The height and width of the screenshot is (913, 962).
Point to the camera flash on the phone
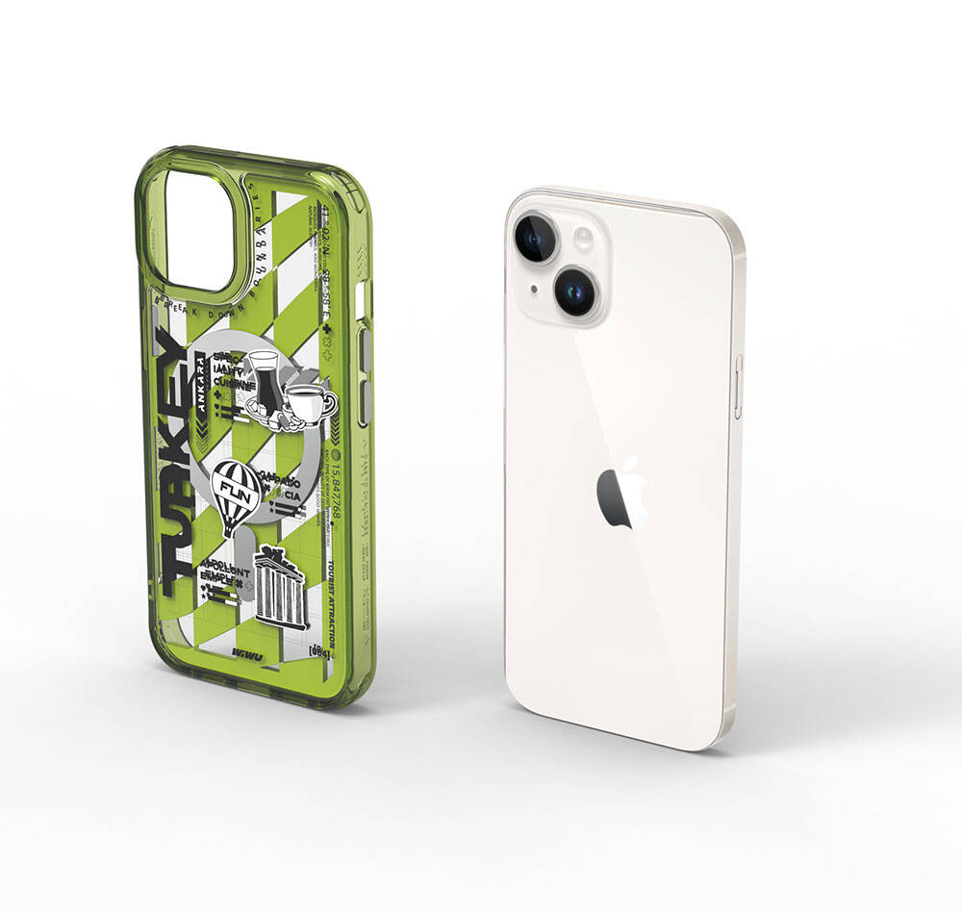[583, 238]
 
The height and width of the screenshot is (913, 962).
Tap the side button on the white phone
[738, 387]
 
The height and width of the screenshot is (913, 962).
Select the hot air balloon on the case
[232, 494]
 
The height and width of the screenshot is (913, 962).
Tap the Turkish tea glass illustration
[263, 376]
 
